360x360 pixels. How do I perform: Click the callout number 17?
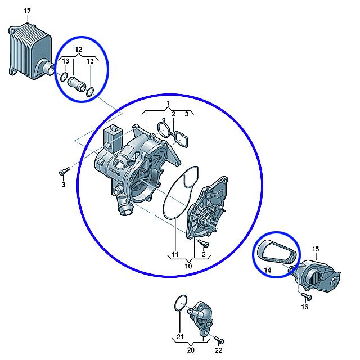pyautogui.click(x=27, y=11)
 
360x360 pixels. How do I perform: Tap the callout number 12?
pyautogui.click(x=78, y=49)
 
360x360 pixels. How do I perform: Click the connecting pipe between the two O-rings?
pyautogui.click(x=76, y=84)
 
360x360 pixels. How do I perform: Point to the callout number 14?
pyautogui.click(x=268, y=270)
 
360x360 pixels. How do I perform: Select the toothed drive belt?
pyautogui.click(x=277, y=251)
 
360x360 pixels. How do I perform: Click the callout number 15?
pyautogui.click(x=316, y=249)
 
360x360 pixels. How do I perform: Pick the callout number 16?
pyautogui.click(x=304, y=307)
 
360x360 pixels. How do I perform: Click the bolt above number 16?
pyautogui.click(x=307, y=296)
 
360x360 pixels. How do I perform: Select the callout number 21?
pyautogui.click(x=180, y=336)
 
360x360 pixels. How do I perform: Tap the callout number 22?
pyautogui.click(x=219, y=350)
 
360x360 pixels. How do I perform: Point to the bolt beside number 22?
pyautogui.click(x=219, y=340)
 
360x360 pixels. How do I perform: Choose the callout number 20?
pyautogui.click(x=191, y=350)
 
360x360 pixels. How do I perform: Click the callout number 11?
pyautogui.click(x=175, y=254)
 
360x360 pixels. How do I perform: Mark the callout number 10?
pyautogui.click(x=188, y=266)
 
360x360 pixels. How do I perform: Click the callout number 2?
pyautogui.click(x=174, y=114)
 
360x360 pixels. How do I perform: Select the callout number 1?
pyautogui.click(x=168, y=103)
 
